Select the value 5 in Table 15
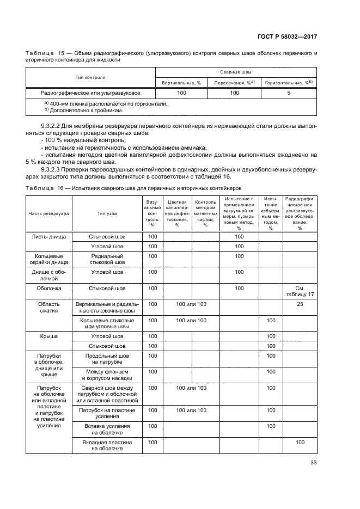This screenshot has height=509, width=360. pyautogui.click(x=288, y=94)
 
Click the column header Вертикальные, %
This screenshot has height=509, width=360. pyautogui.click(x=181, y=82)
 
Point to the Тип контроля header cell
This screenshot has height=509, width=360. pyautogui.click(x=90, y=77)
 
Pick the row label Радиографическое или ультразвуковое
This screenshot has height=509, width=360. pyautogui.click(x=90, y=94)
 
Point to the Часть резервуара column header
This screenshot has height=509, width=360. pyautogui.click(x=49, y=213)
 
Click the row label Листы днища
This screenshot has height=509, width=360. pyautogui.click(x=49, y=237)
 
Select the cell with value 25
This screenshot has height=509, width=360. pyautogui.click(x=300, y=304)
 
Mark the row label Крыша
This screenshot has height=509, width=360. pyautogui.click(x=49, y=336)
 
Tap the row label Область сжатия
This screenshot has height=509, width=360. pyautogui.click(x=49, y=308)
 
